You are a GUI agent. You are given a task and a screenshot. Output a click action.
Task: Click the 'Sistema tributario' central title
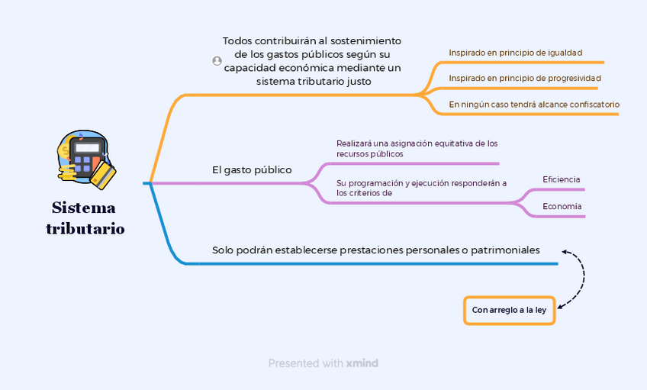pos(85,218)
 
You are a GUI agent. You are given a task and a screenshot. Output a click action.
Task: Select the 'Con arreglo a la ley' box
pos(509,310)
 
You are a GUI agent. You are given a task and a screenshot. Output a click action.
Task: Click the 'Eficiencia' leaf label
pos(561,179)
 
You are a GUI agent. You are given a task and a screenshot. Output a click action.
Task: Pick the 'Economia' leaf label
pos(562,207)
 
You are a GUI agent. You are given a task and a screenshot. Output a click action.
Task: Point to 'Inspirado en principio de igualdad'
pos(515,53)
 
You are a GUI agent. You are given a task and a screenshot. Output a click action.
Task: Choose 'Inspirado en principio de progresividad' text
pos(524,78)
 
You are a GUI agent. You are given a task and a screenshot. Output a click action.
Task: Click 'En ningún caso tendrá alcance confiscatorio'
pos(533,104)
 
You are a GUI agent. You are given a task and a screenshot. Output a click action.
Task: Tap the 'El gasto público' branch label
pos(252,169)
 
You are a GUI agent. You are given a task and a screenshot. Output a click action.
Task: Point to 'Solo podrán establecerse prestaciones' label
pos(375,250)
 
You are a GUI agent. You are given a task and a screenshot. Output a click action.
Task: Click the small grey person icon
pos(217,61)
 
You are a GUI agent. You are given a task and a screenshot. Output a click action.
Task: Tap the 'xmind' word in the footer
pos(362,363)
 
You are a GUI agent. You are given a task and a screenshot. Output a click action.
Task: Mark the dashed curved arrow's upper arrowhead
pos(565,251)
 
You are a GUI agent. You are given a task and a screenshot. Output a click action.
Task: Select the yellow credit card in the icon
pos(103,176)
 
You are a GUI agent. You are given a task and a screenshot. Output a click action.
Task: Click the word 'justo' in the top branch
pos(359,81)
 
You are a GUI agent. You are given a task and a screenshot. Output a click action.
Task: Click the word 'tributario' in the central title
pos(85,229)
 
